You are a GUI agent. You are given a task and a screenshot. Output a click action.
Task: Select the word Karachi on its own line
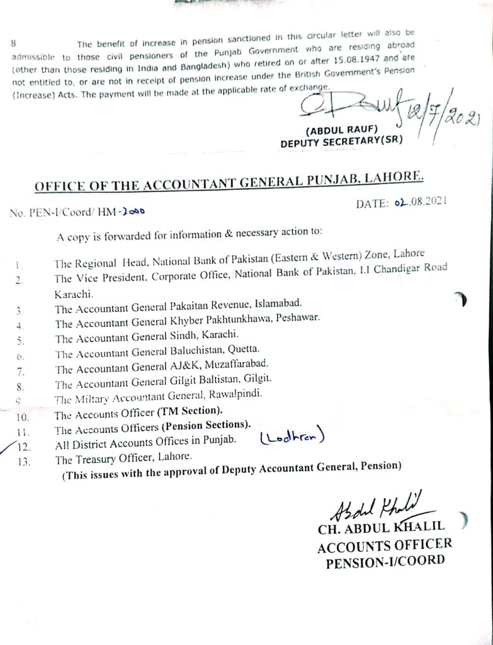coord(74,293)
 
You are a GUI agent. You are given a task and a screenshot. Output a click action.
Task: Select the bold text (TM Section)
coord(192,411)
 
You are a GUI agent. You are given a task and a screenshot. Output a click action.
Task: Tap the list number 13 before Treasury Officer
coord(25,461)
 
